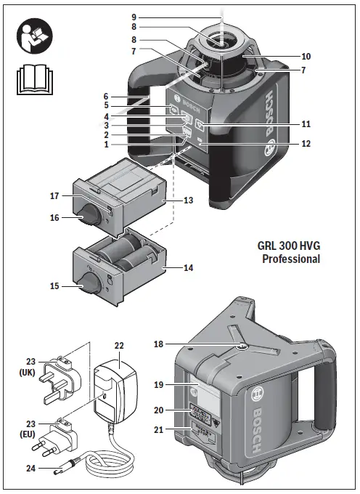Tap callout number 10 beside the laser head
(306, 56)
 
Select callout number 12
(306, 144)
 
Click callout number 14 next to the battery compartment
(188, 268)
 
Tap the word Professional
(290, 259)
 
